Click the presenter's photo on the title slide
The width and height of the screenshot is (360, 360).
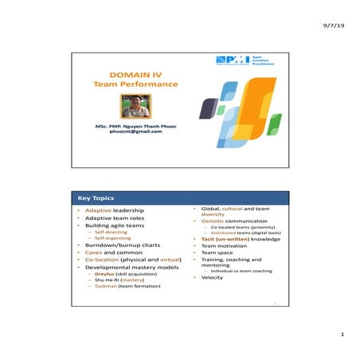coord(135,106)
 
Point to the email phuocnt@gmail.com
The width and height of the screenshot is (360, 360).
coord(135,131)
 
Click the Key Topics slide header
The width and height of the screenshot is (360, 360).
coord(96,198)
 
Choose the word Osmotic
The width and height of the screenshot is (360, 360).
coord(213,221)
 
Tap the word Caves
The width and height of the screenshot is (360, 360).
coord(93,252)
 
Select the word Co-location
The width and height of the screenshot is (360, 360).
coord(104,260)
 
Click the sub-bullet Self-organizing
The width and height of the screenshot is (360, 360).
coord(112,238)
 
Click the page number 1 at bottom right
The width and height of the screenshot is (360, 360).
coord(341,335)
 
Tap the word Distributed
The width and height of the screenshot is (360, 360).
coord(221,233)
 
